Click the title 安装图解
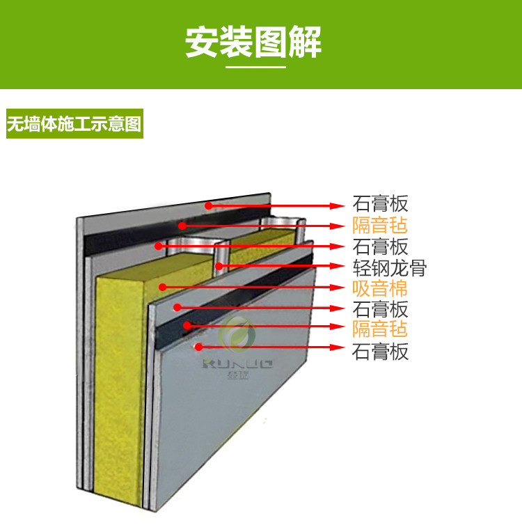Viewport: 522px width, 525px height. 253,42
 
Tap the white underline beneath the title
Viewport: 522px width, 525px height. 256,67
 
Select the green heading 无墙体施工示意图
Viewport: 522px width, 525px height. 74,126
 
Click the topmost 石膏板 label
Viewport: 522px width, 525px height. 379,205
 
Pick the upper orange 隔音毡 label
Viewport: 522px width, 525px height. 379,226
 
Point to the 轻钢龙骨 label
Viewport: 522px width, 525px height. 389,267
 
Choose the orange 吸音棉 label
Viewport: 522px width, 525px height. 379,288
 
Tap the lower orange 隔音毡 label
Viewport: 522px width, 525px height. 379,329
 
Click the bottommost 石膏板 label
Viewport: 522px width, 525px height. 380,352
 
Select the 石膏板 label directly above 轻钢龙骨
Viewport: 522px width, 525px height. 379,246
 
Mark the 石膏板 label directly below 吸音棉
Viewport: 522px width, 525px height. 379,308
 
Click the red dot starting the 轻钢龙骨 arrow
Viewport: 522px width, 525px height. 218,265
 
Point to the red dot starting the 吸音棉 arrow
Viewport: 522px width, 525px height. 161,285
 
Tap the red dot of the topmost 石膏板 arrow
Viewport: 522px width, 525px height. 207,205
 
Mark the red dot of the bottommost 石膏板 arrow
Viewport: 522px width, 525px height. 198,346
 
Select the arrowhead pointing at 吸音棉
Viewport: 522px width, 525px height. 340,286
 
